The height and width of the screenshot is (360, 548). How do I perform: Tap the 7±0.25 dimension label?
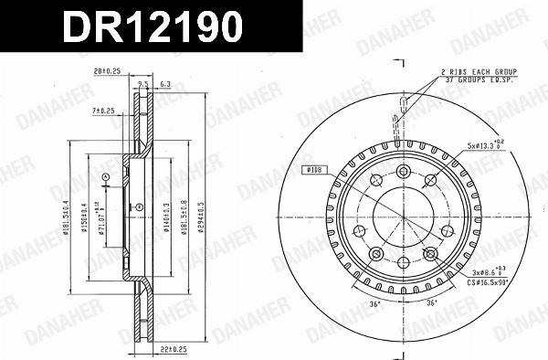(102, 111)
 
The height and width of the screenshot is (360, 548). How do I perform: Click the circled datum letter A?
(105, 176)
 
